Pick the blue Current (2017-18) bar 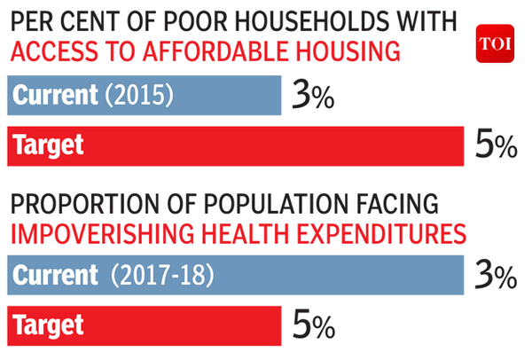click(236, 276)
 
